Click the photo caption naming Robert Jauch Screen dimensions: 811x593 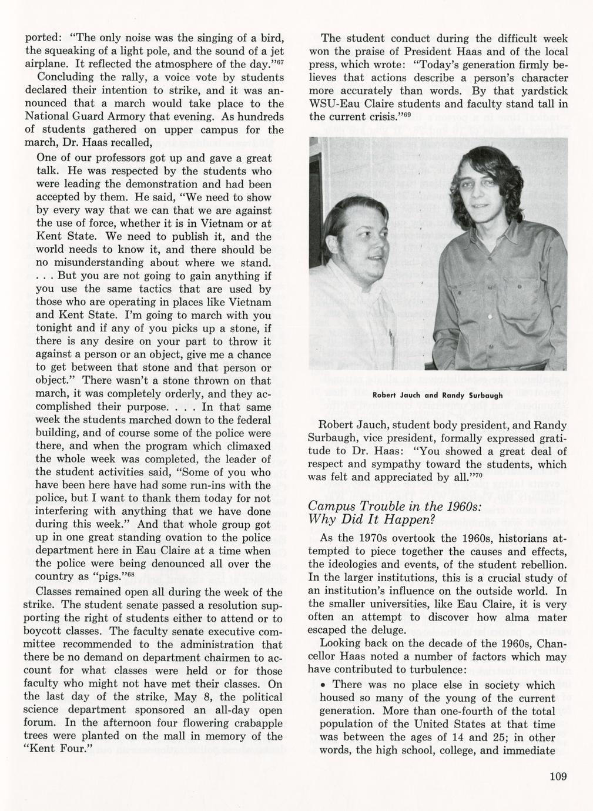pos(438,396)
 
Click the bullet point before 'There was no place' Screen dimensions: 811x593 pos(323,685)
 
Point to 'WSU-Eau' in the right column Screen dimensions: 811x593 pos(337,104)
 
